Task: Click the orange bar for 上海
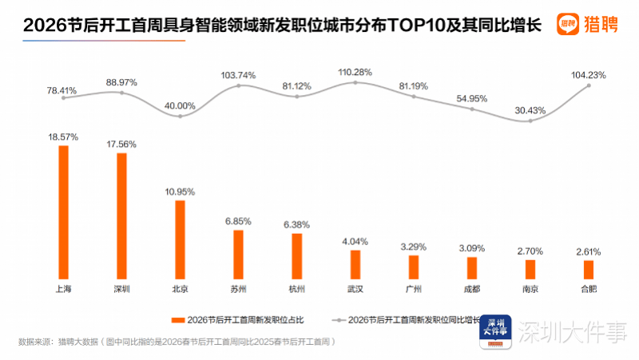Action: pyautogui.click(x=63, y=212)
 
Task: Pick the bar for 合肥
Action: pyautogui.click(x=589, y=268)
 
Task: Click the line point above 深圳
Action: pyautogui.click(x=121, y=93)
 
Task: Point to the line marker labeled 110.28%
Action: pyautogui.click(x=355, y=83)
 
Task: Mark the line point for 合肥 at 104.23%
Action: pyautogui.click(x=589, y=85)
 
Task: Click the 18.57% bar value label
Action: pyautogui.click(x=63, y=137)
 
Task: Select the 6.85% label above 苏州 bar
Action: pyautogui.click(x=238, y=220)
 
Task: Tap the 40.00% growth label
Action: pyautogui.click(x=180, y=105)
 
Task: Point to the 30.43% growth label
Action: pyautogui.click(x=530, y=110)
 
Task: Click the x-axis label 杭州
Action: pyautogui.click(x=297, y=288)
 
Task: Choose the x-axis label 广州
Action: pyautogui.click(x=414, y=288)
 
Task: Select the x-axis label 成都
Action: pyautogui.click(x=472, y=288)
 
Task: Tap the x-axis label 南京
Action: pyautogui.click(x=530, y=288)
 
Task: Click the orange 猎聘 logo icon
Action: pyautogui.click(x=569, y=24)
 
